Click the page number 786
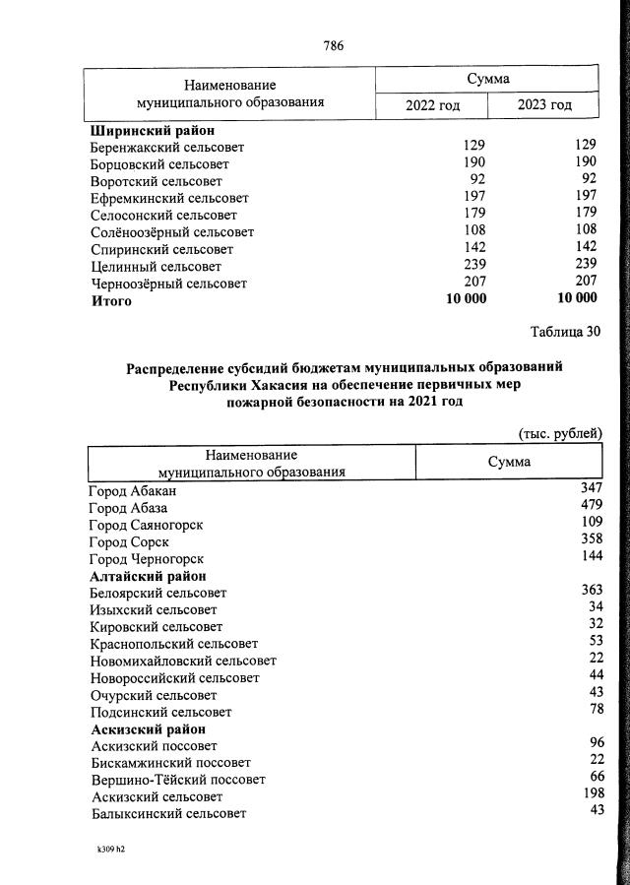pos(333,45)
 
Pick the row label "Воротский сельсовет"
pos(156,181)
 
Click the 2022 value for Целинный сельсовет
pos(473,266)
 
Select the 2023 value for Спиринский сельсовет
pos(585,249)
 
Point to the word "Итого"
pos(111,301)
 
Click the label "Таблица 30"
pos(564,331)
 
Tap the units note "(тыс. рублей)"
pos(560,433)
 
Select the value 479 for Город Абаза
pos(591,506)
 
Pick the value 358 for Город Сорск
pos(591,540)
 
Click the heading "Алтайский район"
pos(149,576)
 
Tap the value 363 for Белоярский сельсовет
pos(591,591)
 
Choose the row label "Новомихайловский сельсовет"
pos(183,661)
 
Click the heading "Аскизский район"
pos(149,729)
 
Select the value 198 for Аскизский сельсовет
pos(591,795)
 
